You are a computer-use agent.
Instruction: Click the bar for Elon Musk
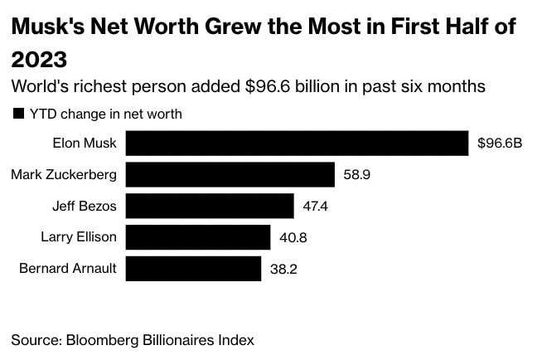click(x=297, y=143)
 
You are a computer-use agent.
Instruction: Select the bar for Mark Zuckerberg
click(x=230, y=174)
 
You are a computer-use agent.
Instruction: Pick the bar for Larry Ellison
click(x=198, y=237)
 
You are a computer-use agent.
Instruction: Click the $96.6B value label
click(x=500, y=143)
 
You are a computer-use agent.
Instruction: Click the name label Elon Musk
click(x=85, y=143)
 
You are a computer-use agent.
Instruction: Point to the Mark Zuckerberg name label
click(x=64, y=174)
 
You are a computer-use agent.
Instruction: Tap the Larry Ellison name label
click(x=79, y=237)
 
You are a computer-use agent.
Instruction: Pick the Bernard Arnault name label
click(x=68, y=268)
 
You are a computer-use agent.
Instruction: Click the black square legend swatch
click(x=17, y=114)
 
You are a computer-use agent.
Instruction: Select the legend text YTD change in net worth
click(x=105, y=114)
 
